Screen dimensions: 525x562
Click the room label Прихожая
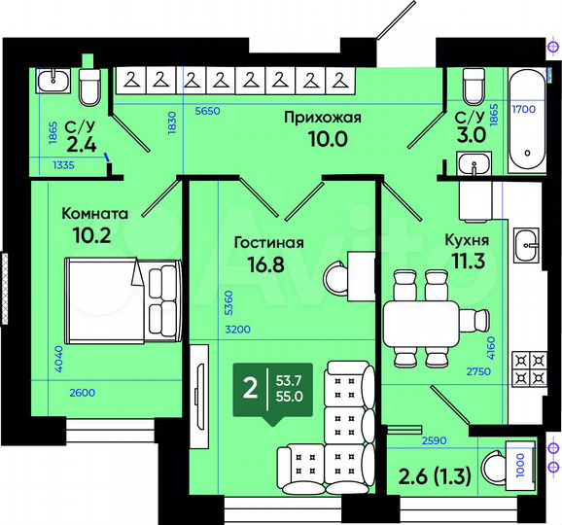pos(322,118)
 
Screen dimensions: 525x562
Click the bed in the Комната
pos(121,298)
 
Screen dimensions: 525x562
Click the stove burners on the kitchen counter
pos(526,367)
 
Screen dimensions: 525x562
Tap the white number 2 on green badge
pos(249,389)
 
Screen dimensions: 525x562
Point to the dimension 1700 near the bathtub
pos(524,110)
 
